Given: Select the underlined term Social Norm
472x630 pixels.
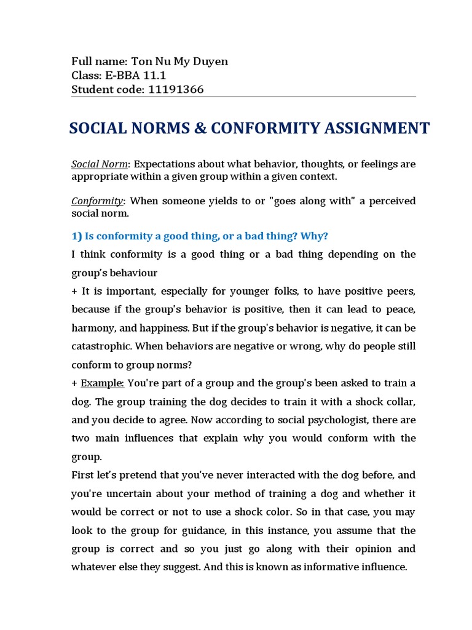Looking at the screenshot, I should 100,164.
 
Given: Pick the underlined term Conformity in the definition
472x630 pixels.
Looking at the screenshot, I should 97,201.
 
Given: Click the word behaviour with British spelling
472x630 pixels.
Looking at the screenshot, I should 135,273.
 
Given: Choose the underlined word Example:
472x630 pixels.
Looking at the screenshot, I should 103,383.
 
